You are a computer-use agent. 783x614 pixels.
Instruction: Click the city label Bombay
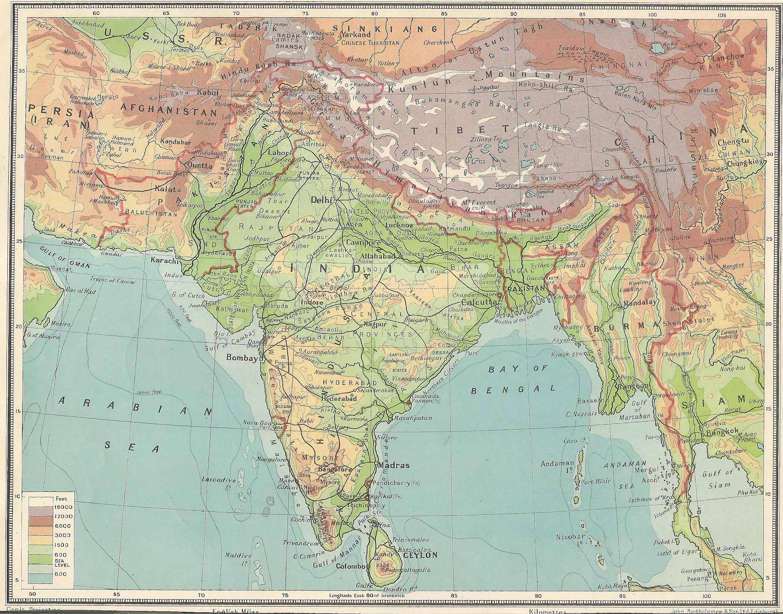point(242,358)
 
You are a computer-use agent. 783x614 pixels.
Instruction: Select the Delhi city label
point(321,200)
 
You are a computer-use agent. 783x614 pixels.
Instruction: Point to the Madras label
point(393,465)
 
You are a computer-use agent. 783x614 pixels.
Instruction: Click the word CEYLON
point(420,555)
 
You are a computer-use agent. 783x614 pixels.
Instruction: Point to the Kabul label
point(207,92)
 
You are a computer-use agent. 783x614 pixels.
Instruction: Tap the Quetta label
point(200,166)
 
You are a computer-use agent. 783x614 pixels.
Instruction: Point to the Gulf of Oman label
point(59,258)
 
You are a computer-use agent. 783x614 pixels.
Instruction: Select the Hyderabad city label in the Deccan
point(339,398)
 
